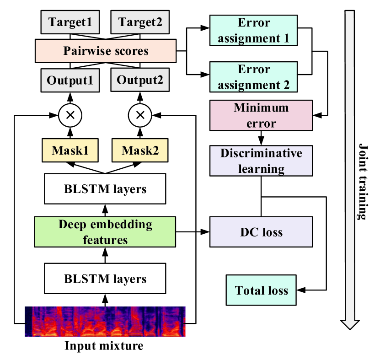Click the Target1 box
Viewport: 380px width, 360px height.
(x=70, y=21)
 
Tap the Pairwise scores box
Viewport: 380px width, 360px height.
(x=106, y=50)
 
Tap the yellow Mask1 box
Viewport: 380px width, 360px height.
(x=70, y=150)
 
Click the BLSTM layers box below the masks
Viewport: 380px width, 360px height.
(x=105, y=188)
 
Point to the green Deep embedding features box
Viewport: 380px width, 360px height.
(x=105, y=232)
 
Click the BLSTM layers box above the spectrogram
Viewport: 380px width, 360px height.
(x=105, y=279)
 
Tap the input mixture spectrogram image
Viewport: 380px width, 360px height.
(x=105, y=322)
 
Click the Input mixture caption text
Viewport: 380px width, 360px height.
(x=105, y=345)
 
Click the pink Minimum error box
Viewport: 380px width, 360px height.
(x=261, y=115)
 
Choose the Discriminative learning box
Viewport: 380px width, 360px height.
(x=261, y=161)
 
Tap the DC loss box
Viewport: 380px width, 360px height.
(x=261, y=232)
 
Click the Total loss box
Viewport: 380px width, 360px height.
(x=261, y=290)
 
